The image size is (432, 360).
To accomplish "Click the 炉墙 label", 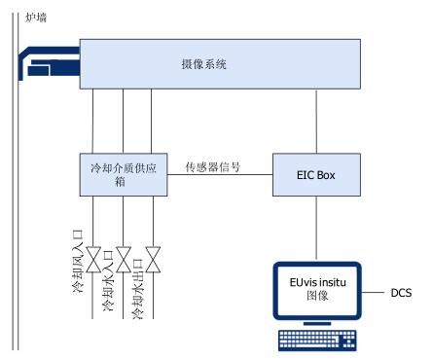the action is coord(36,18).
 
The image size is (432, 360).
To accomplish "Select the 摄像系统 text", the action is coord(203,64).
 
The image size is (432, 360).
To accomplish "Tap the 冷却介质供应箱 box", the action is coord(124,175).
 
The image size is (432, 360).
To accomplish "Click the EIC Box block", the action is coord(316,175).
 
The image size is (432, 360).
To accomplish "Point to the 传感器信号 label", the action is coord(213,166).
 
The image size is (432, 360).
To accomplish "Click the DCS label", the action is coord(401,293).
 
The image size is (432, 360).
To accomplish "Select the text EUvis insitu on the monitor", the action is coord(318,282).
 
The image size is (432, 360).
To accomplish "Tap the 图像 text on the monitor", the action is coord(317,296).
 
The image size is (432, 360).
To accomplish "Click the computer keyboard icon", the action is coord(317,341).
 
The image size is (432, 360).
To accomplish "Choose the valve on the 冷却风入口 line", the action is coord(93,260).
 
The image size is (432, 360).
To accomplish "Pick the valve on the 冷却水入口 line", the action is coord(124,260).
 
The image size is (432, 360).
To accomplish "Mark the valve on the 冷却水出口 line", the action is coord(153,260).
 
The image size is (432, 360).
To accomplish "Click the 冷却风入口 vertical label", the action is coord(78,262).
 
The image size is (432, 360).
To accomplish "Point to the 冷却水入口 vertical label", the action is coord(109,281).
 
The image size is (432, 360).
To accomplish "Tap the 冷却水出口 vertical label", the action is coord(138,289).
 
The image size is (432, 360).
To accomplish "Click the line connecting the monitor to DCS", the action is coord(373,293).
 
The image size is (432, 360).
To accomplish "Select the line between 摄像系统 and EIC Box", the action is coord(316,121).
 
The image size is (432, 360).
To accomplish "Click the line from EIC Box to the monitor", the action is coord(316,228).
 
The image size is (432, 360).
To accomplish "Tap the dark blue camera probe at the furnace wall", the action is coord(49,62).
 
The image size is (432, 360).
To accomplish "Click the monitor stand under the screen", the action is coord(317,324).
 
